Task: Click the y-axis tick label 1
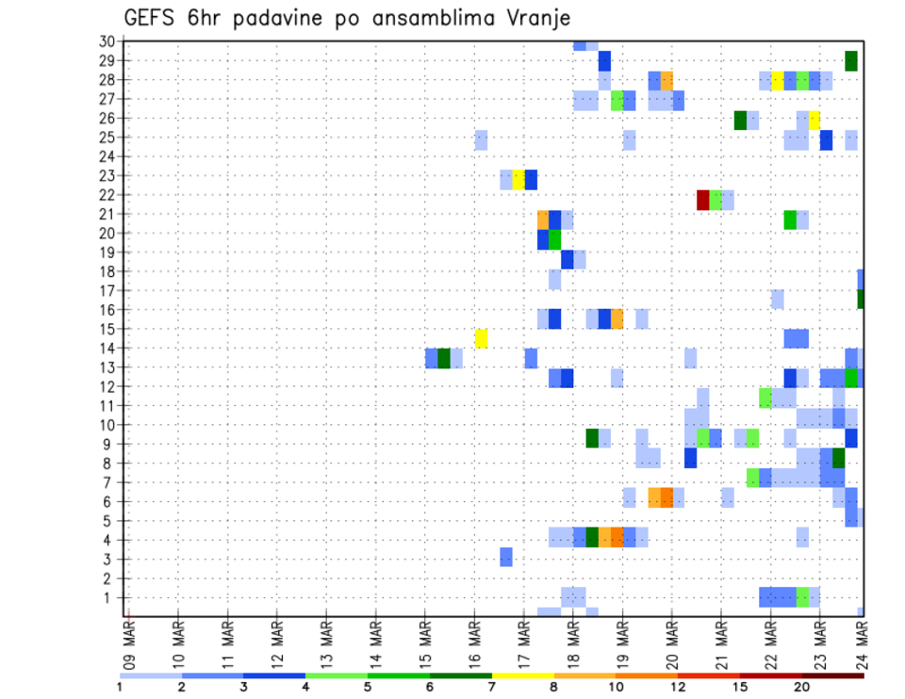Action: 109,597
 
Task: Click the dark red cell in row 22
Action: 702,200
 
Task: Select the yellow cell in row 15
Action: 481,338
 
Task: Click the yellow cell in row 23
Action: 518,180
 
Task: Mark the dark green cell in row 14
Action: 444,358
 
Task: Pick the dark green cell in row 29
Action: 851,60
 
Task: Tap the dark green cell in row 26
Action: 740,120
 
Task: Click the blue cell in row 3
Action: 506,557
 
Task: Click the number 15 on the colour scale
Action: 740,687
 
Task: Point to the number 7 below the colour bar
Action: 492,687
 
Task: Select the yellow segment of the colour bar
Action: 522,675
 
